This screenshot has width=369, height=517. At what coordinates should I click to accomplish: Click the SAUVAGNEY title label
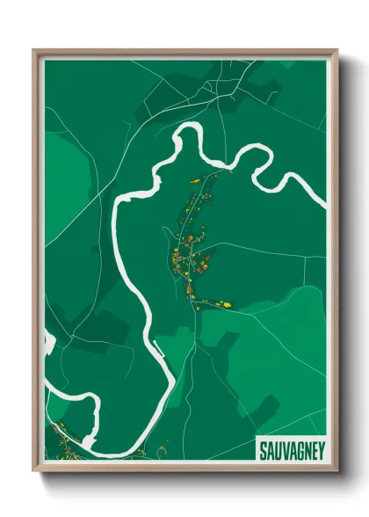pyautogui.click(x=291, y=451)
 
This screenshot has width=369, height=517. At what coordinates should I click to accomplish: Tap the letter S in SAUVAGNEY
pyautogui.click(x=263, y=451)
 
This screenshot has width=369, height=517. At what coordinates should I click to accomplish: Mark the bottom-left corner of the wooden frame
pyautogui.click(x=34, y=471)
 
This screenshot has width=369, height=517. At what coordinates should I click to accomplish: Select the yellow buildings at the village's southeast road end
pyautogui.click(x=225, y=303)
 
